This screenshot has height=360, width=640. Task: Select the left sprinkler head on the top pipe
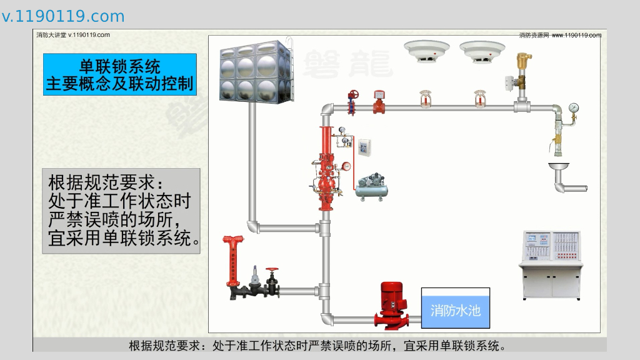[x=425, y=99]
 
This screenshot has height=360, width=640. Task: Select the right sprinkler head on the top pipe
[x=481, y=99]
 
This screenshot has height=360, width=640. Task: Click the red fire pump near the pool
[x=393, y=304]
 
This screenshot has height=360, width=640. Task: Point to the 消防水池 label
[x=456, y=309]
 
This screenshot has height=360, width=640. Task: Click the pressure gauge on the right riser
[x=574, y=107]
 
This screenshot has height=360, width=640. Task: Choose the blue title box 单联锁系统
[x=120, y=74]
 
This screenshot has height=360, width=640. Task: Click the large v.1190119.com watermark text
[x=63, y=16]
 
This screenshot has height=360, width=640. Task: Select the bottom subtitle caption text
[x=317, y=346]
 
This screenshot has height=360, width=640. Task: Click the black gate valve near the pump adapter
[x=272, y=282]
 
